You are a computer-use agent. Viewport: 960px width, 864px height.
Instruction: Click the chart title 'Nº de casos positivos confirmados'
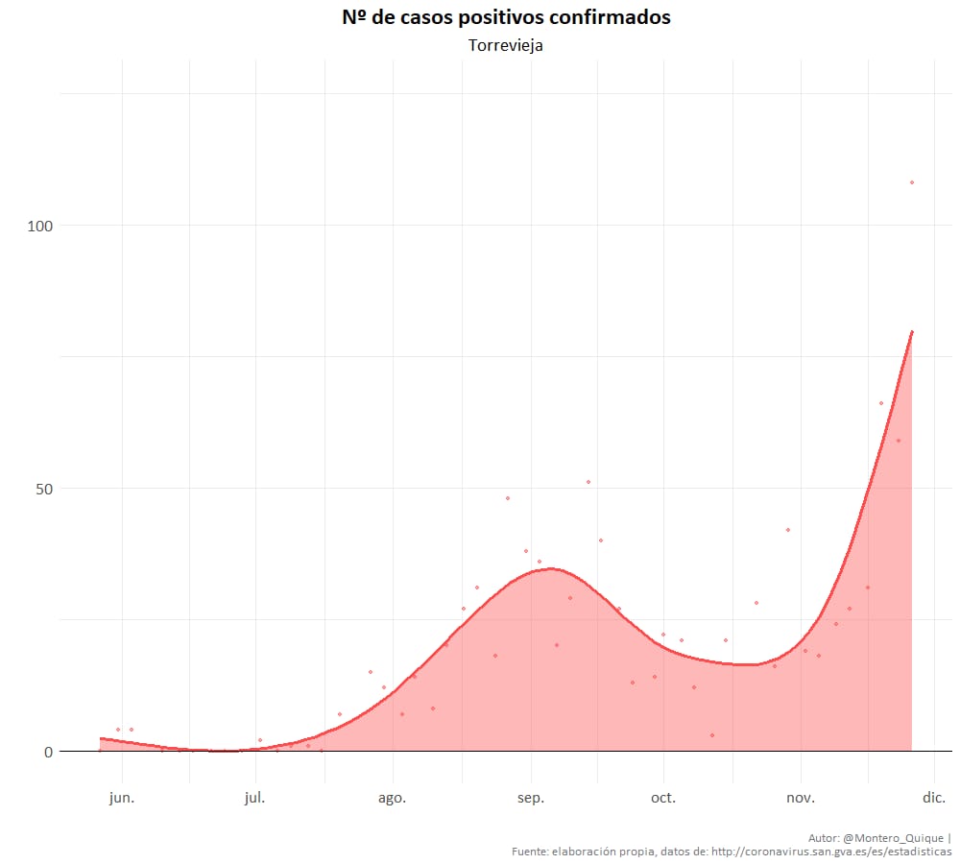506,18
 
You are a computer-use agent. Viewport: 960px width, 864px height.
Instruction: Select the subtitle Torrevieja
506,45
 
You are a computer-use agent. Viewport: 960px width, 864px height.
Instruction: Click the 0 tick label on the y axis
46,752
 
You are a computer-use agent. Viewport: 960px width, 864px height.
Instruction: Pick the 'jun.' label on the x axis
122,798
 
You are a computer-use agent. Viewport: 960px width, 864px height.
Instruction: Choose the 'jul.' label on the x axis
255,798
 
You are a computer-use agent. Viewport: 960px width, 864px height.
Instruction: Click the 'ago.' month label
392,798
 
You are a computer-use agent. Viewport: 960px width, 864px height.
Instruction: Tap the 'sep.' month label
531,798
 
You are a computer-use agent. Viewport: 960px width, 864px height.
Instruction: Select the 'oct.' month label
663,798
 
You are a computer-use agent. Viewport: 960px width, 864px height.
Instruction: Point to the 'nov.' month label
801,798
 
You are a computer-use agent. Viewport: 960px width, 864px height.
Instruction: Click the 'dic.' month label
934,798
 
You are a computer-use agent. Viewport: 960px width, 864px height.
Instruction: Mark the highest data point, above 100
912,182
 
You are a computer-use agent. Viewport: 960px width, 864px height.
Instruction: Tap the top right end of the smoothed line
912,331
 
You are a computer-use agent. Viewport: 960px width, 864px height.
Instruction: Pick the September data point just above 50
588,482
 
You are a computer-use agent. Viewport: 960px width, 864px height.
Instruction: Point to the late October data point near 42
788,530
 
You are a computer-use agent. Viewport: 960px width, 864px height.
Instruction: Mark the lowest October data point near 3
712,735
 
